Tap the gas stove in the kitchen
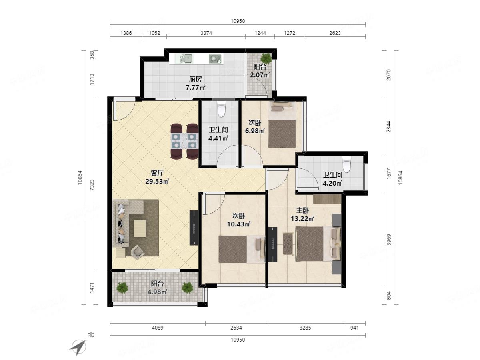215,59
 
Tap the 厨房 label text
195,79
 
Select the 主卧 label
302,210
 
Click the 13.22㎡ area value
302,218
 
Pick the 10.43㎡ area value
238,224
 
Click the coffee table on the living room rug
140,228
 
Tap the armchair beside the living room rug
138,251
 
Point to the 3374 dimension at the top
206,33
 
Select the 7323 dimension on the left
92,185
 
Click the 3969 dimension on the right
388,240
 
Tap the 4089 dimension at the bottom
158,328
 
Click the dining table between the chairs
184,141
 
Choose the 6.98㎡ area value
255,131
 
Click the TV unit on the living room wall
194,228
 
